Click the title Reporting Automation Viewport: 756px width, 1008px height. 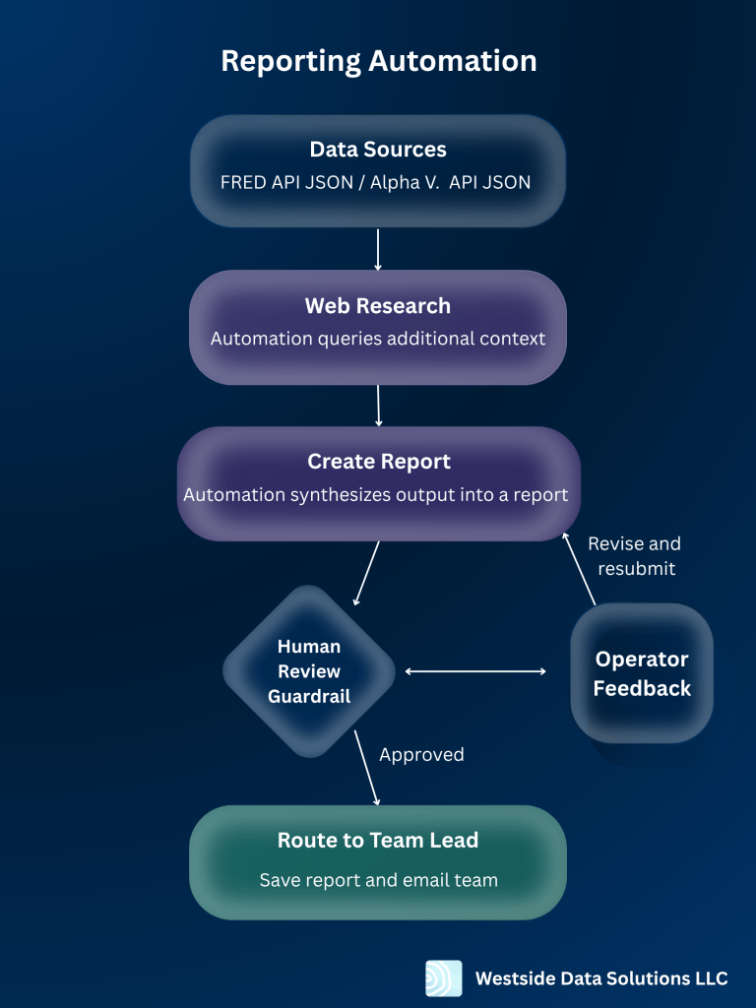(x=378, y=61)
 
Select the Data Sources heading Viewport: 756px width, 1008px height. (x=378, y=150)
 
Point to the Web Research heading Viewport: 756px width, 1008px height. (x=378, y=306)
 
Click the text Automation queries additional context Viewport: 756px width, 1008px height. (x=378, y=338)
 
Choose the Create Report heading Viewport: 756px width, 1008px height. (x=378, y=462)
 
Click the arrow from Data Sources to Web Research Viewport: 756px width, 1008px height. (x=378, y=249)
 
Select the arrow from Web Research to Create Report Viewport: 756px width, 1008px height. (x=378, y=406)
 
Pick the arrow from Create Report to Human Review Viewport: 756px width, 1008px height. (x=366, y=573)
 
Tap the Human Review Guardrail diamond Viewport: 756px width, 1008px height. (x=309, y=671)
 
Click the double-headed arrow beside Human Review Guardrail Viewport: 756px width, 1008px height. (x=475, y=671)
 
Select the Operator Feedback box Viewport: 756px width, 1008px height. (x=642, y=673)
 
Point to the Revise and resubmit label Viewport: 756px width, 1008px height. (x=634, y=556)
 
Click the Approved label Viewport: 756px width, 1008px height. (x=421, y=755)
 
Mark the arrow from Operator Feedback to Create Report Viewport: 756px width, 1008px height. (x=580, y=569)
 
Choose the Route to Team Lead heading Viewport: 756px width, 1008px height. (x=378, y=840)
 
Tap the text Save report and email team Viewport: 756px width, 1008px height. (x=378, y=880)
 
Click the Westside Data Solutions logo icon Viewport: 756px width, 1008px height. (x=443, y=978)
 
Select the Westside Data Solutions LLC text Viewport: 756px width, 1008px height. (x=601, y=978)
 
